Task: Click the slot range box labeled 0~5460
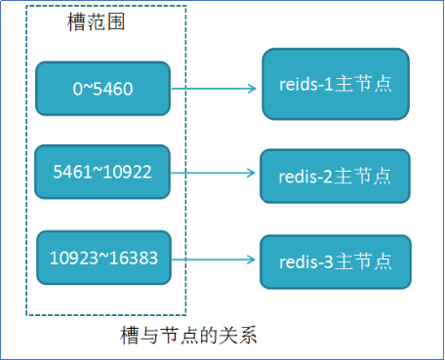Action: coord(102,89)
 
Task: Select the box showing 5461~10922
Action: coord(102,173)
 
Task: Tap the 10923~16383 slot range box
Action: coord(102,259)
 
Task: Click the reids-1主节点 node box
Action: coord(335,84)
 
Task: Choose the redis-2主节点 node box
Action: coord(335,176)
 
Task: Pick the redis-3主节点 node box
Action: coord(335,260)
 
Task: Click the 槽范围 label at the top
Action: coord(96,20)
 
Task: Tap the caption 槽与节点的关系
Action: coord(188,337)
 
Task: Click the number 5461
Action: coord(74,174)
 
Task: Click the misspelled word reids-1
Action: coord(307,85)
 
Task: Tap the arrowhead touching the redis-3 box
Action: coord(255,260)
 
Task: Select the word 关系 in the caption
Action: coord(240,337)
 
